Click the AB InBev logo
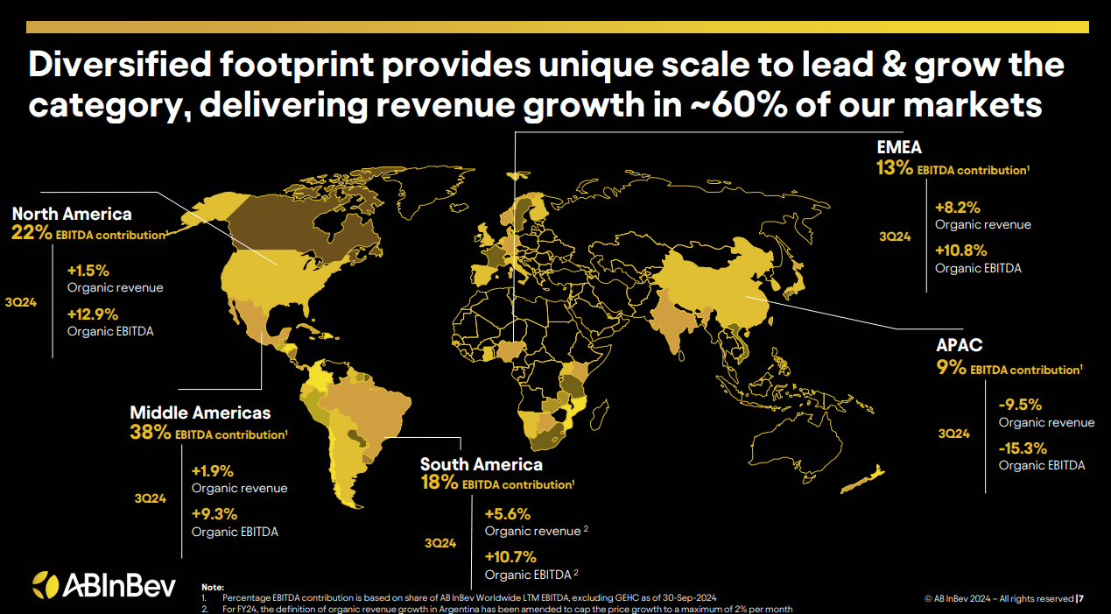(103, 584)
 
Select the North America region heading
(72, 214)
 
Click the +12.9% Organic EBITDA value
(92, 314)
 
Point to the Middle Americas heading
(200, 413)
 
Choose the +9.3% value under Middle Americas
(214, 514)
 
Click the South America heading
(481, 464)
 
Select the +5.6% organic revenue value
(507, 514)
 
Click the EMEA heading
(899, 147)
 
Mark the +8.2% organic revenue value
(957, 208)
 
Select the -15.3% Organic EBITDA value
(1023, 448)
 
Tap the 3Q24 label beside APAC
(953, 434)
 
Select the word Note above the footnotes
(212, 586)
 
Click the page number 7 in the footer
(1082, 599)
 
